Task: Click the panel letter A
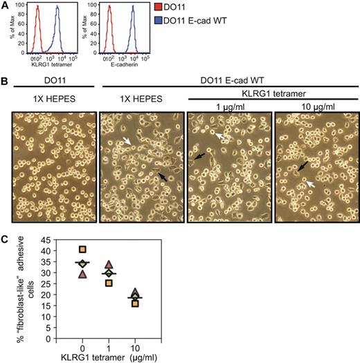[x=5, y=6]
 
